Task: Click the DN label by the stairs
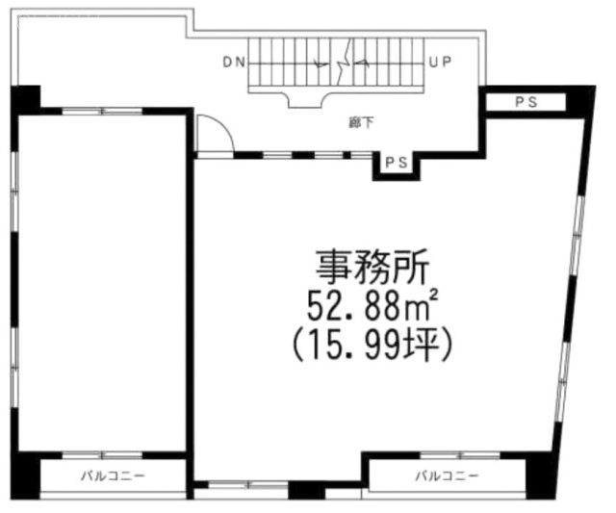coord(233,64)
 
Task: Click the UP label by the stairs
coord(440,64)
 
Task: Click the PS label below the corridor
coord(396,165)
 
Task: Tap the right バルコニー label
coord(447,476)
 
